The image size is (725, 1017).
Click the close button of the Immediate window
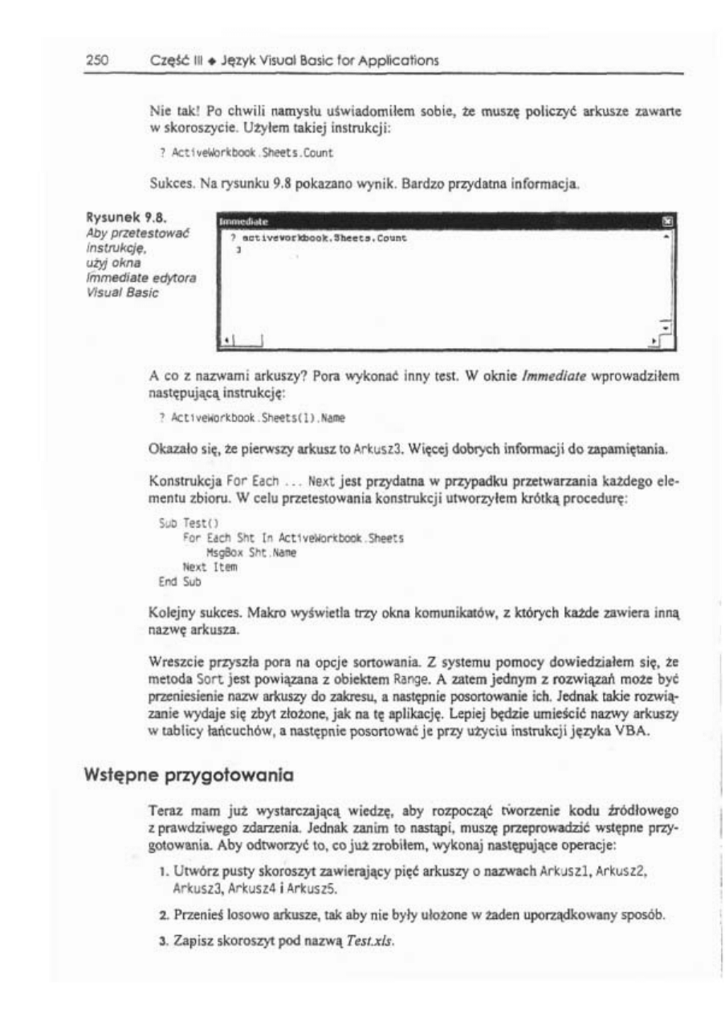(666, 219)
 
